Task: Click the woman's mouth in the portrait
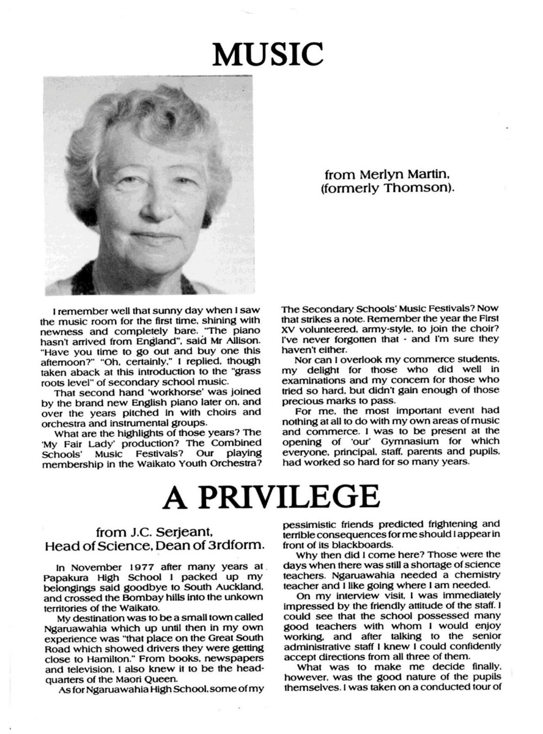point(150,235)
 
